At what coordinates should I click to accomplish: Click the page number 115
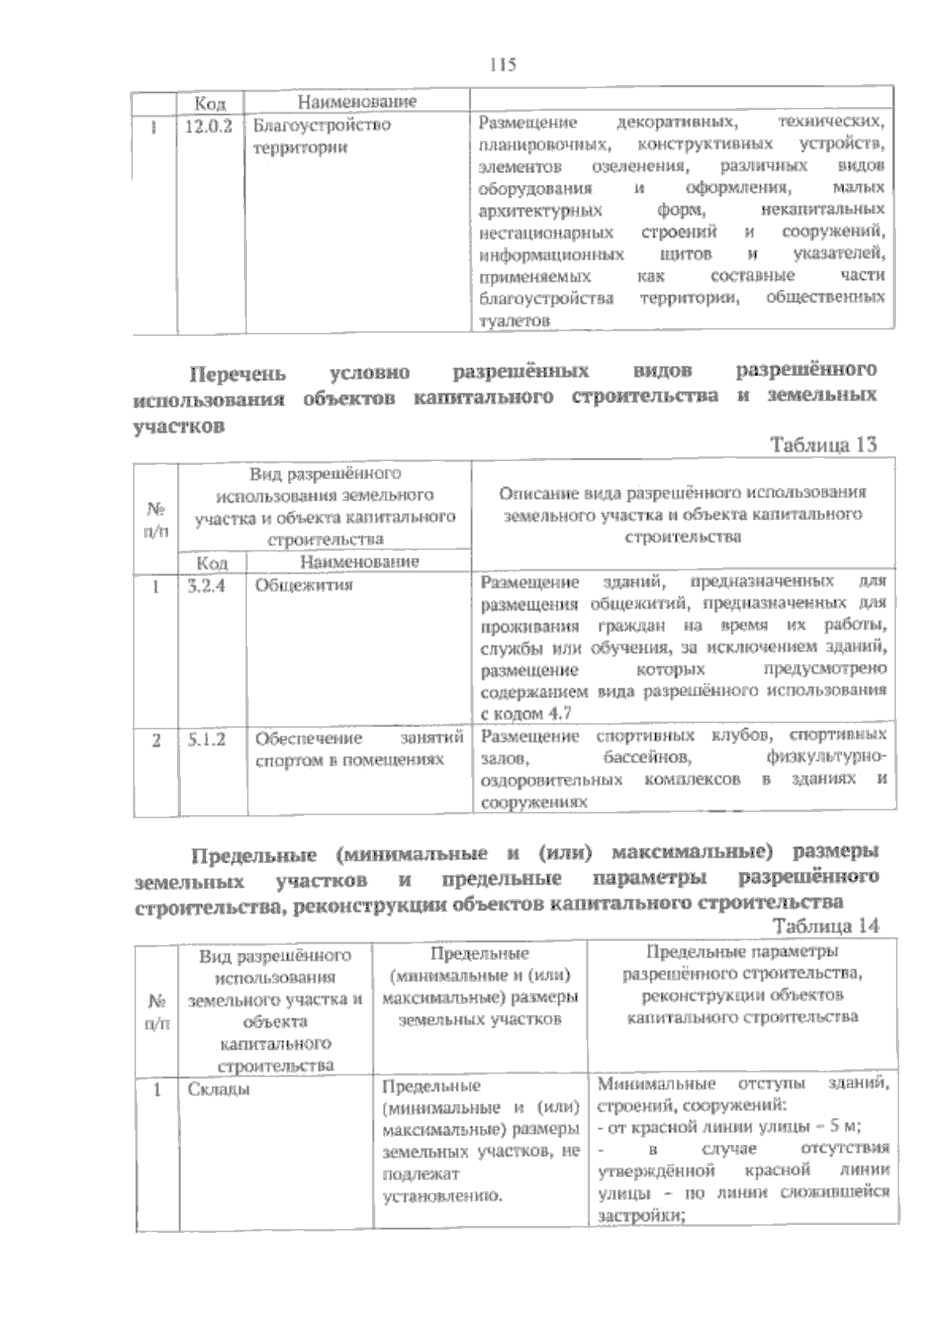pos(502,65)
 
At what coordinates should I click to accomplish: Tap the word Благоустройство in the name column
pos(322,126)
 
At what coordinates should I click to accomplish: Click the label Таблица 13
pos(824,445)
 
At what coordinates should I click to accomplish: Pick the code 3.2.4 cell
pos(207,585)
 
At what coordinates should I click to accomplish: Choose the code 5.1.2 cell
pos(207,739)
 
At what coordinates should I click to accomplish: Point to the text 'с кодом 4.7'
pos(525,713)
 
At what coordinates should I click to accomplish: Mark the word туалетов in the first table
pos(514,320)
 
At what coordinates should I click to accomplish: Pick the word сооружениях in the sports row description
pos(534,803)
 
